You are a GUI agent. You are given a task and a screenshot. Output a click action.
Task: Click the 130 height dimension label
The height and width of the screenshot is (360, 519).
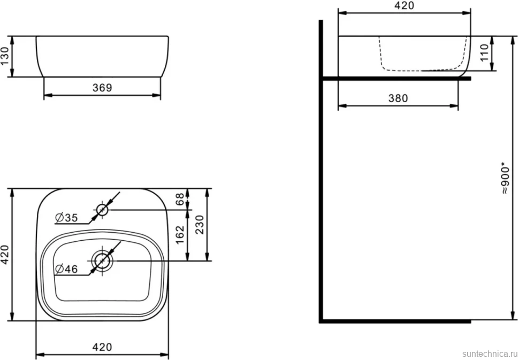click(5, 56)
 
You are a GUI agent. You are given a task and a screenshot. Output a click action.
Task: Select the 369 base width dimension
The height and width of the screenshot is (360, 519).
click(102, 88)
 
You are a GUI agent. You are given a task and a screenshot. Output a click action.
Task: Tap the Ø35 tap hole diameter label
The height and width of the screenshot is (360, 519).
click(66, 218)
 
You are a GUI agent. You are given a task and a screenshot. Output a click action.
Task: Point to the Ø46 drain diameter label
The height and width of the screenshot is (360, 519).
click(66, 270)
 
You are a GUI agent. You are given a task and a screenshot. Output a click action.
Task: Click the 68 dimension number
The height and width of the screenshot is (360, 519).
click(180, 199)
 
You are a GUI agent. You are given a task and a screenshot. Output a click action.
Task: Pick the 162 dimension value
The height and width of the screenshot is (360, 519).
click(180, 235)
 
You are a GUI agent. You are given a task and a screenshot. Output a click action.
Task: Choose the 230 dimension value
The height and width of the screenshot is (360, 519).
click(200, 225)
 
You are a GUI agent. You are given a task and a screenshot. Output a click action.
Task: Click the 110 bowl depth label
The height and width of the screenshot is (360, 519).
click(484, 52)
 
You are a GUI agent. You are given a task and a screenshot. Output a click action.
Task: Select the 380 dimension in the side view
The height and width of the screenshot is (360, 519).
click(398, 98)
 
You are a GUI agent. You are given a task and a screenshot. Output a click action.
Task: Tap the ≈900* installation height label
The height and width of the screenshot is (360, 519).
click(505, 178)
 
